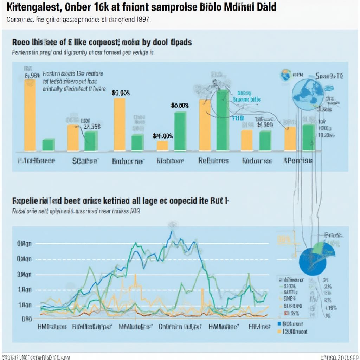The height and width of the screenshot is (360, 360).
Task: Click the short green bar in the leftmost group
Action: [49, 144]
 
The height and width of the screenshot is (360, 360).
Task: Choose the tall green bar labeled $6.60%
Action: [180, 131]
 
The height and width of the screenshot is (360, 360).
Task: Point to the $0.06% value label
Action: [121, 93]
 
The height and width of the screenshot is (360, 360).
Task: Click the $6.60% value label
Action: [180, 105]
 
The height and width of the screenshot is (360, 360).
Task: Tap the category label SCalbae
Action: [85, 161]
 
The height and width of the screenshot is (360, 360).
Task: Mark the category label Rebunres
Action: [213, 161]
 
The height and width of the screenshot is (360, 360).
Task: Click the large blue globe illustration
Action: [308, 94]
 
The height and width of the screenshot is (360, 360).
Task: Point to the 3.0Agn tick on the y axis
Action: [24, 275]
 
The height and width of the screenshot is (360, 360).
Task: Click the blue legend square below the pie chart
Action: [279, 324]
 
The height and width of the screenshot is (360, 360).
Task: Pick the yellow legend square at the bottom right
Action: [279, 331]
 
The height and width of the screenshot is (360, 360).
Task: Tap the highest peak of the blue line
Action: [171, 231]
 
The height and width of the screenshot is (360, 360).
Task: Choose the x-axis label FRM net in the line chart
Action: [259, 327]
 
